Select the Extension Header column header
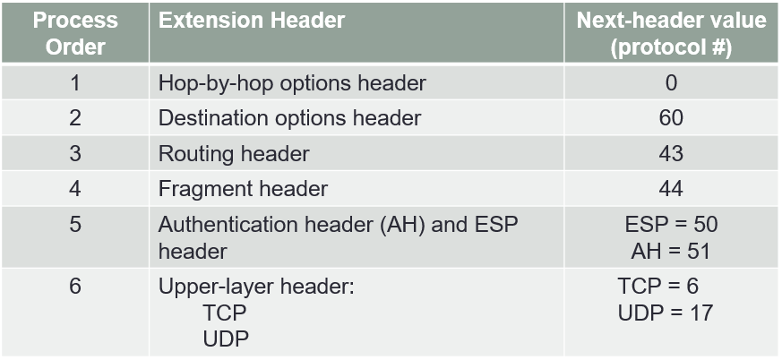click(252, 21)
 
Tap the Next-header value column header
click(671, 33)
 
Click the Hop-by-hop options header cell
click(292, 83)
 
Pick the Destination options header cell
click(289, 118)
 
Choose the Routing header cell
click(234, 153)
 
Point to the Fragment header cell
click(243, 188)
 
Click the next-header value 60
click(671, 118)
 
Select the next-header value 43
click(671, 153)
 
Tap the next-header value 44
click(671, 188)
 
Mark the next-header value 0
click(671, 83)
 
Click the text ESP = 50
click(671, 225)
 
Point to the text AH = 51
click(670, 251)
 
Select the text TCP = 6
click(657, 287)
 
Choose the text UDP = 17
click(665, 313)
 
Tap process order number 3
click(76, 153)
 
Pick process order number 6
click(76, 287)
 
